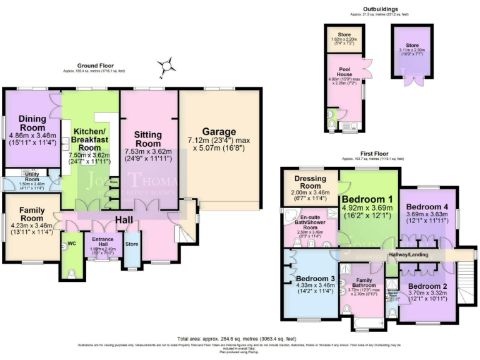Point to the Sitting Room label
click(148, 139)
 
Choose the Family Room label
click(31, 214)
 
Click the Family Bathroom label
click(364, 285)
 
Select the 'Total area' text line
click(240, 337)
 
